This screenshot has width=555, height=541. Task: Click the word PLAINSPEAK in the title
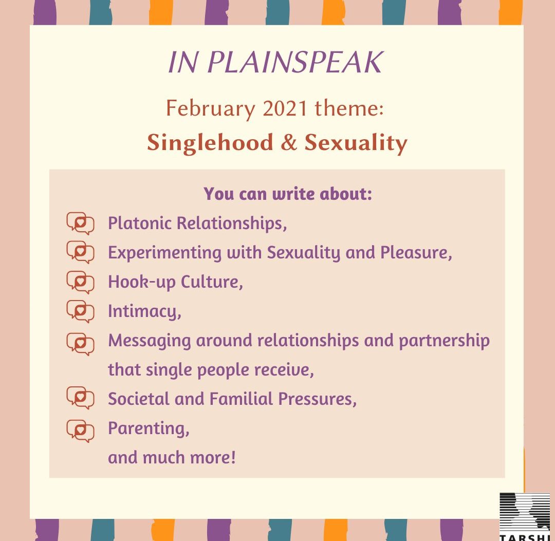295,62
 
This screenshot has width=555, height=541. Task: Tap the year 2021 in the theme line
285,108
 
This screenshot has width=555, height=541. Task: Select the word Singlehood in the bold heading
210,143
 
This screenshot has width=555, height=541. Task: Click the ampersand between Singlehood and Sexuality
289,143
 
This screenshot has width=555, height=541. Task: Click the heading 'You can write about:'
288,194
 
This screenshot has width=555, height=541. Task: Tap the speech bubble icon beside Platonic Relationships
80,223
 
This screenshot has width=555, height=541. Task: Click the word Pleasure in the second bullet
416,253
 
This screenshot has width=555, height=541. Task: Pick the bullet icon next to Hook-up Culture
80,283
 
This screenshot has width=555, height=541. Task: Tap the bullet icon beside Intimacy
80,311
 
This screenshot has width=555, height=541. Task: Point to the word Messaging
150,341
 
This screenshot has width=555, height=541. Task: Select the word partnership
444,341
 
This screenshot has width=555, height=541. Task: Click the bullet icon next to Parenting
80,431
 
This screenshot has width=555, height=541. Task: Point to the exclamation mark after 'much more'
233,457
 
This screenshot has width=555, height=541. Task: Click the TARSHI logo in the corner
525,516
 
